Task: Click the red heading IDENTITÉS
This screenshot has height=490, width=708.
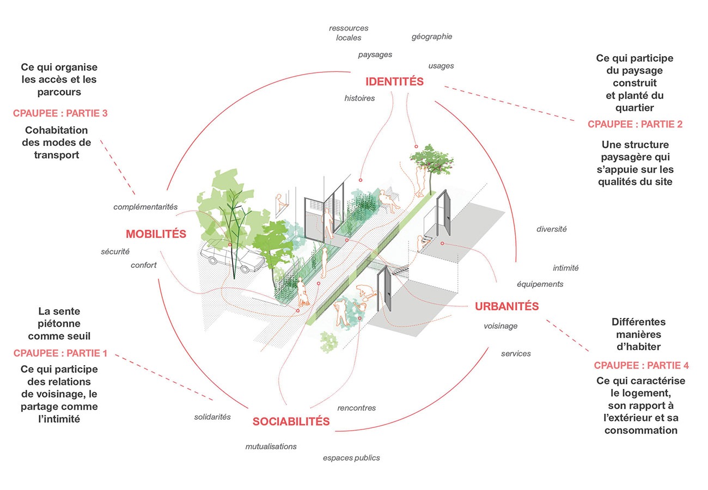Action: coord(394,81)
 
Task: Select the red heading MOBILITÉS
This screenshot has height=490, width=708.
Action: coord(156,234)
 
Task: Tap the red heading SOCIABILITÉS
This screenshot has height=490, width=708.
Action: coord(291,421)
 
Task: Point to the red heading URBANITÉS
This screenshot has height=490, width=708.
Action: coord(506,306)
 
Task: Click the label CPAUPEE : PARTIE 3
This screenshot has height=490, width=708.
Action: coord(60,113)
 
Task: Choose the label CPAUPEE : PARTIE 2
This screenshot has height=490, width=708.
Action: coord(635,124)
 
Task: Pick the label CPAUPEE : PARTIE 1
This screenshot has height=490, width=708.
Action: coord(60,353)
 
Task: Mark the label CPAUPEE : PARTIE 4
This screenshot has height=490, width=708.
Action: coord(642,365)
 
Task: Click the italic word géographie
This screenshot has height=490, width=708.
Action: coord(432,36)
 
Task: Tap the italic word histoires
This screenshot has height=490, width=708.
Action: coord(359,98)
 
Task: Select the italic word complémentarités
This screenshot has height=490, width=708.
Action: coord(145,207)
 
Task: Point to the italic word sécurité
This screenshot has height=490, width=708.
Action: coord(115,252)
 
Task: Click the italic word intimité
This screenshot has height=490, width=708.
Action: coord(565,268)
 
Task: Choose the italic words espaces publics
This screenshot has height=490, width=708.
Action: coord(351,458)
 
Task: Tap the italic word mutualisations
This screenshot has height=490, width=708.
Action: coord(271,446)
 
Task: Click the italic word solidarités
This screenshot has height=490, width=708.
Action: coord(212,417)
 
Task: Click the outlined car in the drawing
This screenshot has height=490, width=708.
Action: coord(233,256)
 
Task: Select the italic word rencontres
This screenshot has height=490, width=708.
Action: coord(357,408)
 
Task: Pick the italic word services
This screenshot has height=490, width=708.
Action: coord(516,353)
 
